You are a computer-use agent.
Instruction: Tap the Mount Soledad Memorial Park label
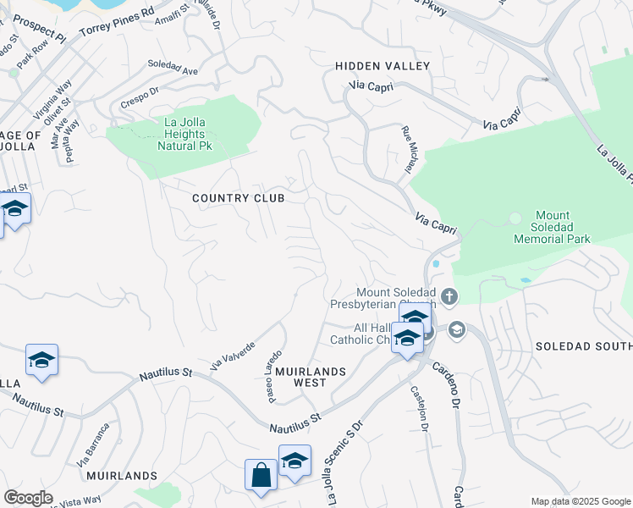[x=551, y=227]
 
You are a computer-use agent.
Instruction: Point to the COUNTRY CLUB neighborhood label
[x=238, y=198]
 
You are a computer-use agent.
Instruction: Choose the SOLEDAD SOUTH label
[x=584, y=347]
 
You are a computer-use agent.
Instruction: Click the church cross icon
[x=449, y=296]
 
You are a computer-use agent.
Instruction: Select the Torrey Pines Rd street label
[x=117, y=22]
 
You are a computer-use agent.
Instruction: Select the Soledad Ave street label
[x=173, y=68]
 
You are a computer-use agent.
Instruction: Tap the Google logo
[x=29, y=498]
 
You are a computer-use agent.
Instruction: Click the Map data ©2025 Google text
[x=580, y=501]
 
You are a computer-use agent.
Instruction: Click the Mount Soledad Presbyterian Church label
[x=395, y=299]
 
